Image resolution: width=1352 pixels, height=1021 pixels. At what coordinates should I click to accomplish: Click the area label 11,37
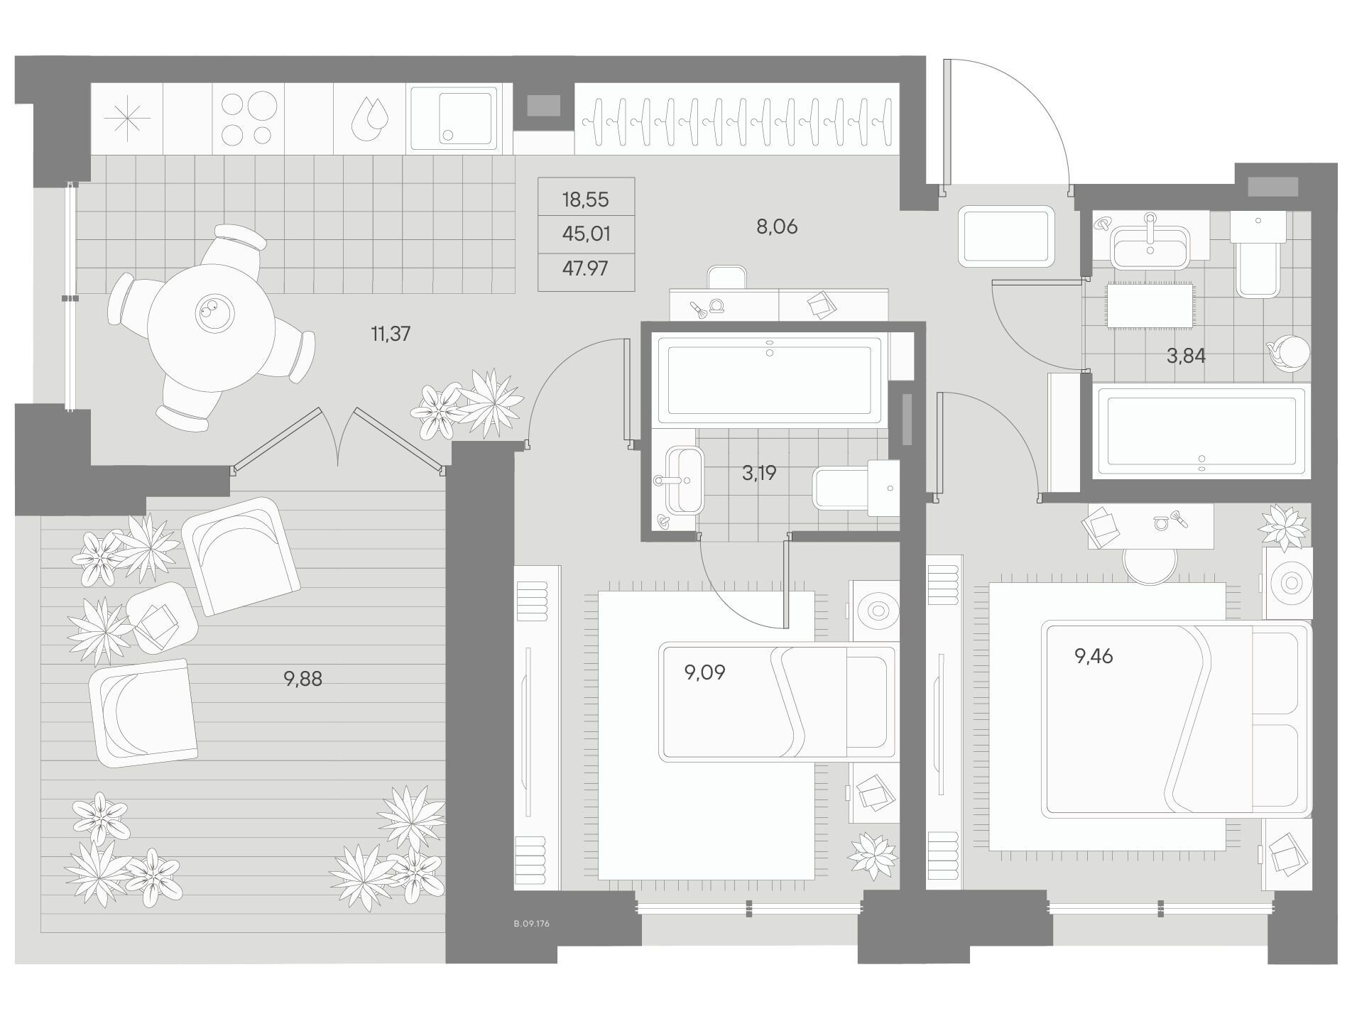tap(391, 333)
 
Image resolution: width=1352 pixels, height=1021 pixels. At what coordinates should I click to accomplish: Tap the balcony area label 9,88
tap(302, 679)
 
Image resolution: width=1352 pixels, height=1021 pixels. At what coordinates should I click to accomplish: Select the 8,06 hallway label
tap(777, 226)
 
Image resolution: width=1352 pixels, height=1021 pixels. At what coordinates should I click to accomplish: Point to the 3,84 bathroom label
tap(1186, 356)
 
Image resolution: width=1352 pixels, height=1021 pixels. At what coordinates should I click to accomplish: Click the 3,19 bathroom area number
tap(759, 472)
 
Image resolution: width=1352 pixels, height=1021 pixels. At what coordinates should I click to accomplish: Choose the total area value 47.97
tap(585, 268)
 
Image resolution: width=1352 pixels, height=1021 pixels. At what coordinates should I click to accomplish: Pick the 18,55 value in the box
tap(585, 200)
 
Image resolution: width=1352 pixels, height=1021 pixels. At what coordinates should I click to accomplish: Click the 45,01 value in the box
tap(586, 234)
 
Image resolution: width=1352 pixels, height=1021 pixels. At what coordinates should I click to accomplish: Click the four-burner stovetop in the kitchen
tap(247, 118)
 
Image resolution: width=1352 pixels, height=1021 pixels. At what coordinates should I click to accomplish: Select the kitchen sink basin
tap(452, 119)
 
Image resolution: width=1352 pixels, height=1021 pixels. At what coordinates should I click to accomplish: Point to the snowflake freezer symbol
tap(127, 118)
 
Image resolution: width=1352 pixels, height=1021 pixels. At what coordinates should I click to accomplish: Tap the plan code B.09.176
tap(531, 924)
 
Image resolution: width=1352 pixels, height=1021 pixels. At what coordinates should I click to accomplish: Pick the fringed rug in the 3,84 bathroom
tap(1149, 305)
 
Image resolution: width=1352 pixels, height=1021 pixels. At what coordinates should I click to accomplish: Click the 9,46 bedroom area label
tap(1094, 656)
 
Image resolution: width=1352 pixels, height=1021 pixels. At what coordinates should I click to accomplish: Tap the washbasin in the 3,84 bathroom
tap(1150, 245)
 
